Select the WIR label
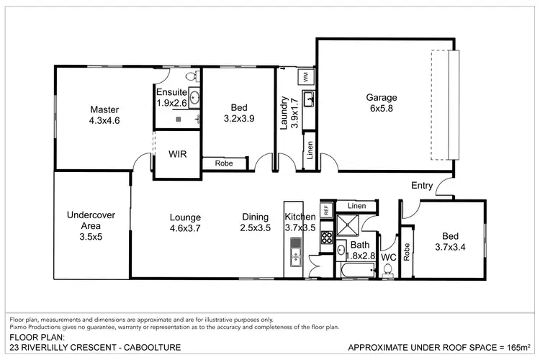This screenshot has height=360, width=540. coord(178,154)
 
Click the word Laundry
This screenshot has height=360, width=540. coord(284,113)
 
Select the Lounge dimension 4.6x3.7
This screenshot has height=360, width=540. coord(185,228)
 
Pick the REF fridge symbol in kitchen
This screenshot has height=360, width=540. coord(325,211)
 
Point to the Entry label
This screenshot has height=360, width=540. coord(422,186)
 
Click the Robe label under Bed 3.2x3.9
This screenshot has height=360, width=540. coord(222,164)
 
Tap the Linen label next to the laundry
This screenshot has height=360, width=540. coord(309,152)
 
